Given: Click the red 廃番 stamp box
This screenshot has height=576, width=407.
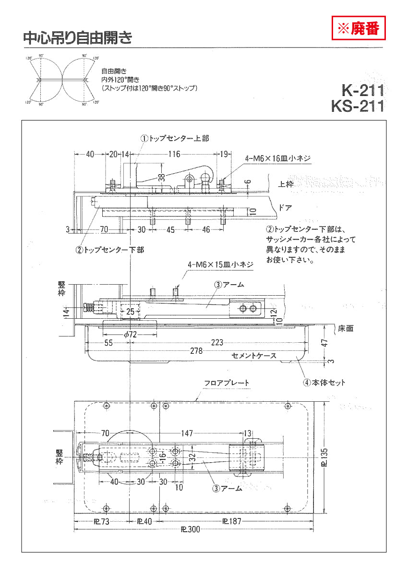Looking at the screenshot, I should pos(359,28).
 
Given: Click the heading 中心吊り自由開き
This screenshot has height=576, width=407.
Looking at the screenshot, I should pos(77,38).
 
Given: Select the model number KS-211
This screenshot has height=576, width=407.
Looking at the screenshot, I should pos(358,106).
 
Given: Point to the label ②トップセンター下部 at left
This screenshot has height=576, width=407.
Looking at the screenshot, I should pos(109,250).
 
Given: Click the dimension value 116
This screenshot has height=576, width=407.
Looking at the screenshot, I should pos(174,154).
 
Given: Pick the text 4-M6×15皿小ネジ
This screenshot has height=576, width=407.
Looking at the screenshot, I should pos(220,264).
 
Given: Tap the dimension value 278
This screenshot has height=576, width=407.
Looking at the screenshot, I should pos(196,351).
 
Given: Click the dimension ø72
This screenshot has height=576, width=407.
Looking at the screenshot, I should pos(131,335).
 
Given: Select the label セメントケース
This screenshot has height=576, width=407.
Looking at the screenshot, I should pos(254,356).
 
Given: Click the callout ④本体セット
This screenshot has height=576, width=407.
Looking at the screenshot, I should pos(323,383).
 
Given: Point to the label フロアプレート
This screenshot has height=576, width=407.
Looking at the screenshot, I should pos(227,383).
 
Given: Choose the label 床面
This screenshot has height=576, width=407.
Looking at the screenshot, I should pos(346,329).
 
